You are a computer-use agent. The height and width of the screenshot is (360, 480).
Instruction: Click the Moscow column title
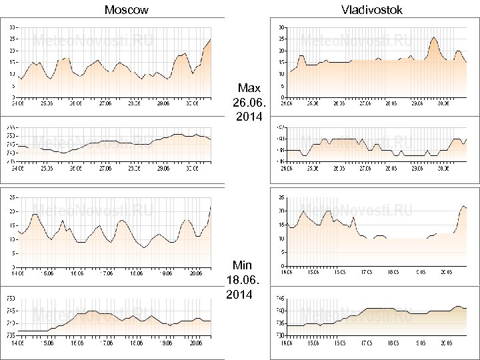127,9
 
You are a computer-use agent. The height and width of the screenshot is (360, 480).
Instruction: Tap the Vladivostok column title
371,9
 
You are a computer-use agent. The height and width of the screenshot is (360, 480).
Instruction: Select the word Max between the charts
249,88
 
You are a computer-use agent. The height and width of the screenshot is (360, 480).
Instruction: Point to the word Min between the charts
243,265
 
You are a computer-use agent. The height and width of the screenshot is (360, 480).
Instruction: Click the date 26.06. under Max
249,103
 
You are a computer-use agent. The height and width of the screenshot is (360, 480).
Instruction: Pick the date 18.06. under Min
243,280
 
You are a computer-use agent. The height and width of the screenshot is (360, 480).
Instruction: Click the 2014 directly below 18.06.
239,295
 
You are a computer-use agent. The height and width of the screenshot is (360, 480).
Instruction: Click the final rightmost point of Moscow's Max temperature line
211,39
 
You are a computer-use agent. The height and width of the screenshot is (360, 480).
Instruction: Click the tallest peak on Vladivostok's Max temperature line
434,37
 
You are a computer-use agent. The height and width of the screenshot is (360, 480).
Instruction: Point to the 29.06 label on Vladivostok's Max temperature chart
417,104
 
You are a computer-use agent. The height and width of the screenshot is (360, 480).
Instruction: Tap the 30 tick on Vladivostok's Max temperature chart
281,27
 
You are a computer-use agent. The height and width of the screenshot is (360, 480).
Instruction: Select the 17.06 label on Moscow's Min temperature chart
105,273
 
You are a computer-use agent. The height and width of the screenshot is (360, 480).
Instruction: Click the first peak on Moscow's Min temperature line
34,215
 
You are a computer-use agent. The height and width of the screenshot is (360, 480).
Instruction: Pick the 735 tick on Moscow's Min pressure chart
11,335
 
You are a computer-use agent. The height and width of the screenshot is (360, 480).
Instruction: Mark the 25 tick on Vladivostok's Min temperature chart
281,197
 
